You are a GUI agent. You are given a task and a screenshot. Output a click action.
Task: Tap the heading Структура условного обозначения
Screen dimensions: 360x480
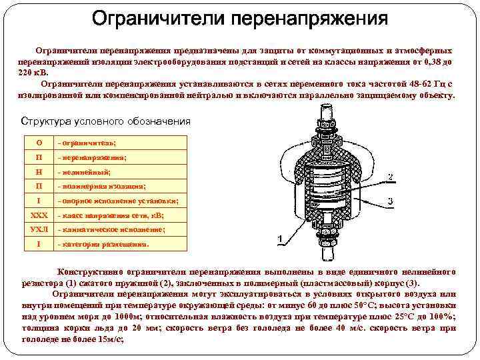pos(106,121)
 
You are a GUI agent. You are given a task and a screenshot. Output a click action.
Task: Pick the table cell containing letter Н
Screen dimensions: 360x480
pos(39,172)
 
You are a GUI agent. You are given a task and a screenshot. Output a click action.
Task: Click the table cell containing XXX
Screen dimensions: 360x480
pos(39,215)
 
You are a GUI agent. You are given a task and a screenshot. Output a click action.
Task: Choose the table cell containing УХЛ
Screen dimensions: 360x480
pos(39,229)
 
